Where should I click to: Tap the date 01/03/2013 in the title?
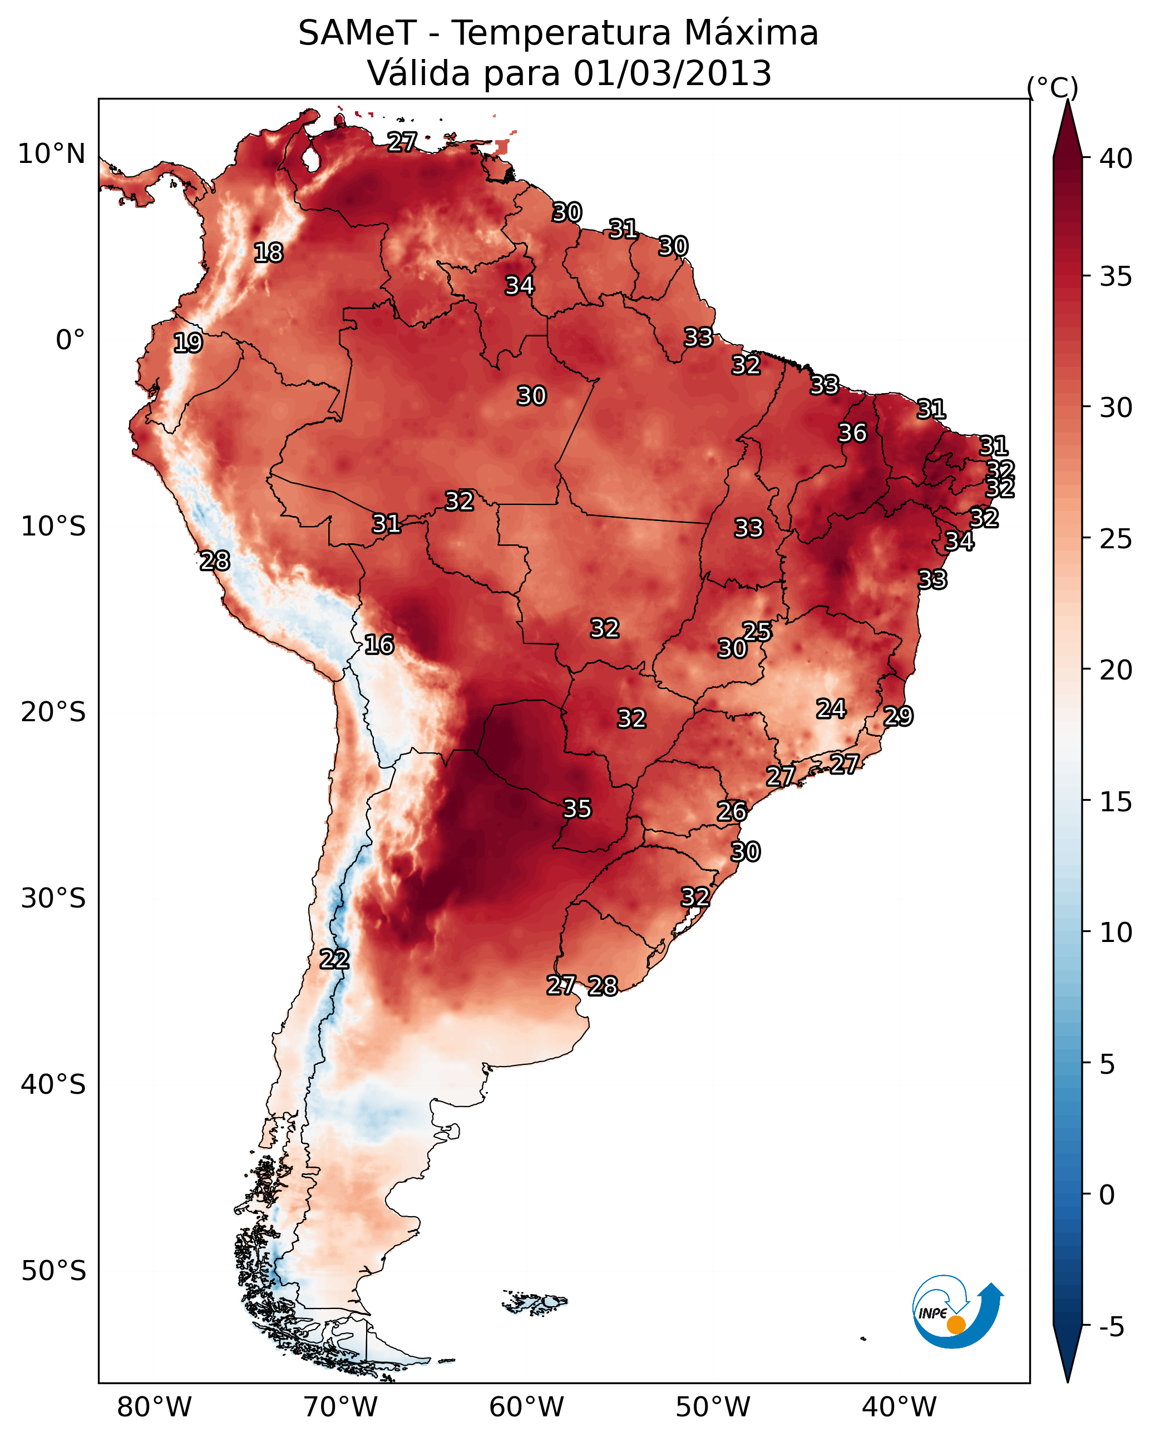[672, 73]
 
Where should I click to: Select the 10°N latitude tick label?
[51, 154]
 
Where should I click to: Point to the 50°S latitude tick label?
[53, 1271]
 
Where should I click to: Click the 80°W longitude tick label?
[154, 1407]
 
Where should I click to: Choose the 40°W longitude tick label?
[899, 1407]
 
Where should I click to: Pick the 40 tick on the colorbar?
[1116, 158]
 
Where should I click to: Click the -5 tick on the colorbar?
[1111, 1327]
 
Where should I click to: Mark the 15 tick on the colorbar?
[1116, 802]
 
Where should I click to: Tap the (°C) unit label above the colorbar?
[1052, 88]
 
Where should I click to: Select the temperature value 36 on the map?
[852, 433]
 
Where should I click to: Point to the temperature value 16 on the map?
[379, 645]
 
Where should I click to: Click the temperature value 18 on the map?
[268, 253]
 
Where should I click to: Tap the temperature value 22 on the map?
[334, 959]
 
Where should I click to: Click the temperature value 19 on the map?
[187, 343]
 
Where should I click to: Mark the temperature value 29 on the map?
[898, 716]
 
